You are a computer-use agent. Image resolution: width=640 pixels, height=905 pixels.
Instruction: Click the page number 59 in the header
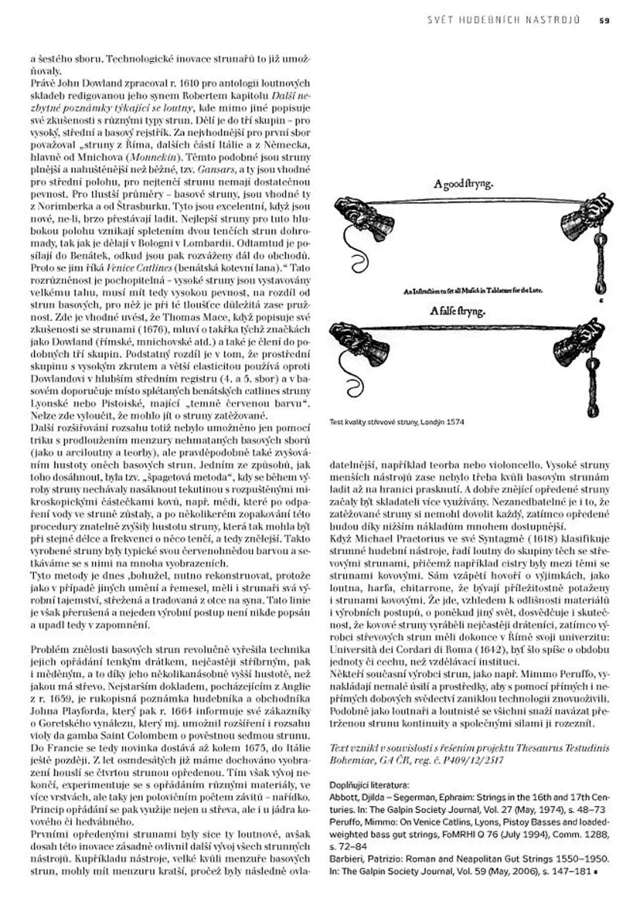[604, 21]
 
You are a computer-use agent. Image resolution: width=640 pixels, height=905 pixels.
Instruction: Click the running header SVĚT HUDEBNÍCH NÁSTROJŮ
[503, 21]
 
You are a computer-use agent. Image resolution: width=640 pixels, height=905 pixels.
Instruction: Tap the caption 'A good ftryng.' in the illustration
[463, 184]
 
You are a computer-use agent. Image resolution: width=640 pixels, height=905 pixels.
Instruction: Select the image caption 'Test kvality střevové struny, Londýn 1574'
[396, 422]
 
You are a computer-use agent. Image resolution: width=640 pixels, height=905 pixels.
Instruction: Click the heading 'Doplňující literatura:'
[369, 785]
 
